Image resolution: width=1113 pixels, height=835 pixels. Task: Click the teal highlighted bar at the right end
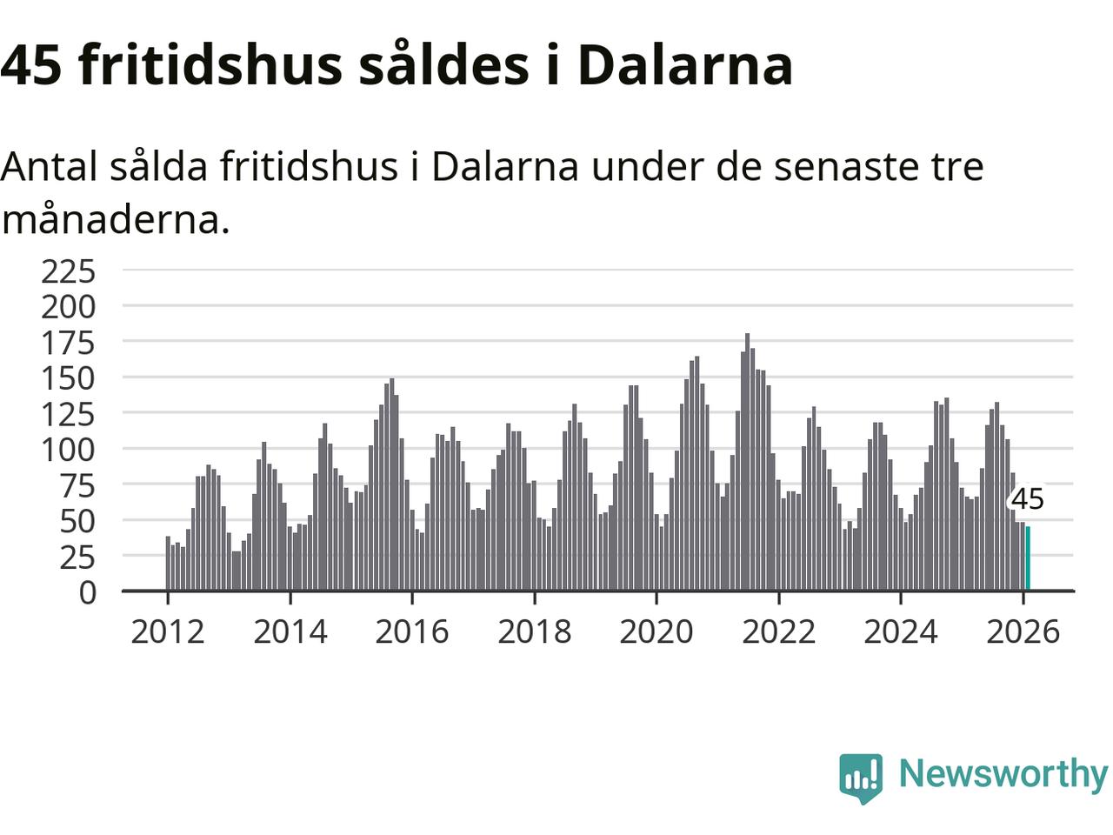tap(1028, 558)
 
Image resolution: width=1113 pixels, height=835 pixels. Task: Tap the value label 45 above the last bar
tap(1027, 500)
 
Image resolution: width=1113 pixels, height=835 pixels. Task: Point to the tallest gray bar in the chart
tap(747, 461)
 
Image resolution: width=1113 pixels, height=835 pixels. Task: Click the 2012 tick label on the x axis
tap(168, 631)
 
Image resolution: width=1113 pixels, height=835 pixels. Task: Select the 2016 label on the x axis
tap(412, 631)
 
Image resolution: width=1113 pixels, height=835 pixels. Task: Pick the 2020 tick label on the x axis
tap(656, 631)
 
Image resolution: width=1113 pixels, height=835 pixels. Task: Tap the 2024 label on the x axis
tap(901, 631)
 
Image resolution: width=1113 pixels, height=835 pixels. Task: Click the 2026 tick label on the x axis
tap(1023, 631)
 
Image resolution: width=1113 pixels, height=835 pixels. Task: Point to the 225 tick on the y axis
tap(69, 271)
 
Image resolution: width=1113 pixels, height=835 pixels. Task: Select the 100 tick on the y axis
tap(69, 450)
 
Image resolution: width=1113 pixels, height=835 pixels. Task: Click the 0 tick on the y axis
tap(88, 592)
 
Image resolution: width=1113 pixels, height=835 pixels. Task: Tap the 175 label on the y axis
tap(69, 343)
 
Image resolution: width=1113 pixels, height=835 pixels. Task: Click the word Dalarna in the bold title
tap(685, 64)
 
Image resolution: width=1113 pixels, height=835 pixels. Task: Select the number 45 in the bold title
tap(31, 64)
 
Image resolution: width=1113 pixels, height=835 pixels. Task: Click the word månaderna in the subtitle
tap(116, 219)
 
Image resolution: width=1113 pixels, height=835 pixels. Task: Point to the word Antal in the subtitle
tap(49, 165)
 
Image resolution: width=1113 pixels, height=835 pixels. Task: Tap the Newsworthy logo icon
tap(861, 777)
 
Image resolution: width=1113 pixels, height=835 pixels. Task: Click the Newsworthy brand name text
tap(1003, 773)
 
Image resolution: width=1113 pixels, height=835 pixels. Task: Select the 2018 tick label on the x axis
tap(535, 631)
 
